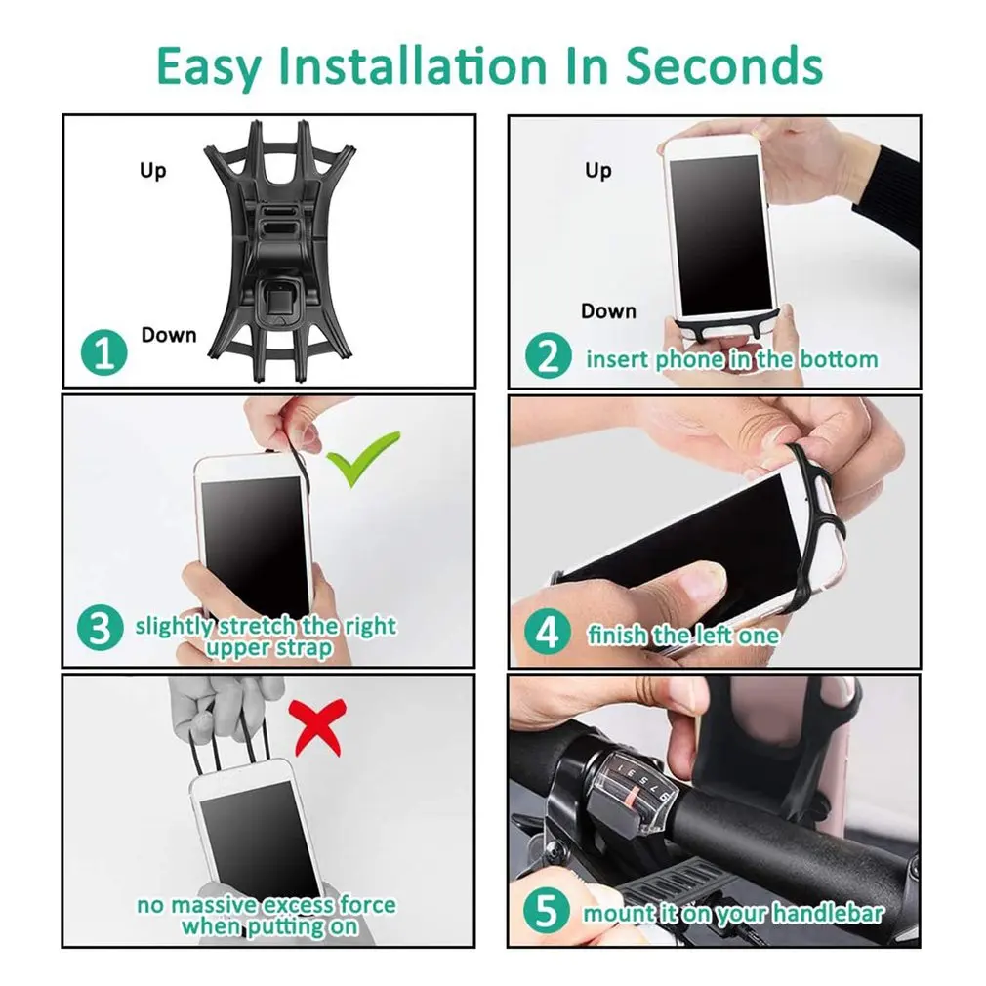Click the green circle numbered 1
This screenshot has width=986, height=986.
pyautogui.click(x=104, y=352)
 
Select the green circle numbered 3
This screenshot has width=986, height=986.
pyautogui.click(x=100, y=628)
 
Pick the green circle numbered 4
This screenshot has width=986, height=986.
pyautogui.click(x=548, y=632)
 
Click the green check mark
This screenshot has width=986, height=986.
pyautogui.click(x=362, y=457)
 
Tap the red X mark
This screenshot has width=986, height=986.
pyautogui.click(x=317, y=726)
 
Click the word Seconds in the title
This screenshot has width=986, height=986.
pyautogui.click(x=723, y=66)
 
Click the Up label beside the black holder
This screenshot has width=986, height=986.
pyautogui.click(x=153, y=171)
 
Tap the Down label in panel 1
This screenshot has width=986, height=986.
pyautogui.click(x=169, y=335)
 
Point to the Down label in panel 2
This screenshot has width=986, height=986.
pyautogui.click(x=608, y=310)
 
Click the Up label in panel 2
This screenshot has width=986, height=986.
pyautogui.click(x=598, y=171)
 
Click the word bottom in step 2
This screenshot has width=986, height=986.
pyautogui.click(x=839, y=359)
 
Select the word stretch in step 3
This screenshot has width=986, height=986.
pyautogui.click(x=257, y=626)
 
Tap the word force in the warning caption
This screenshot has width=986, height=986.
pyautogui.click(x=368, y=905)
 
